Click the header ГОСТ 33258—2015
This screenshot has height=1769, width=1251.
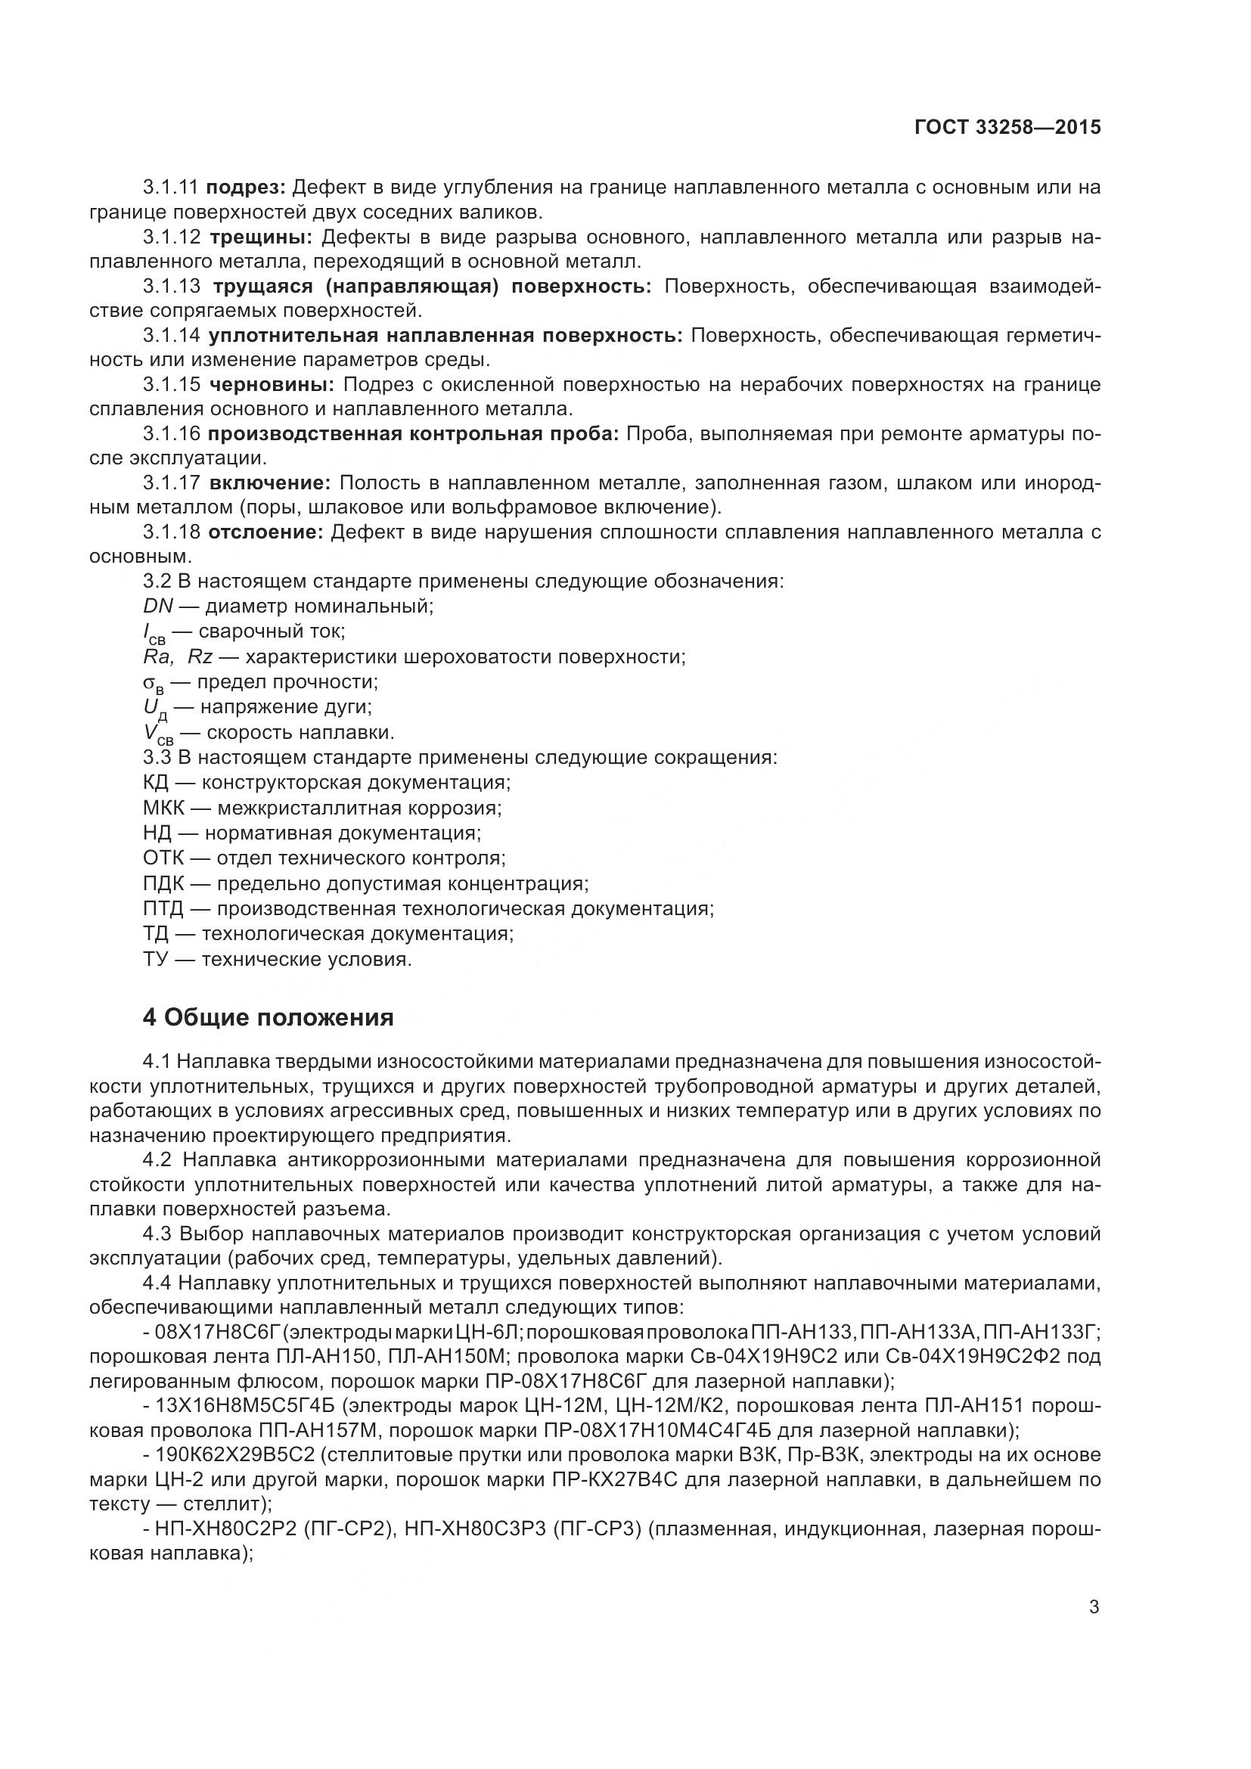[1007, 127]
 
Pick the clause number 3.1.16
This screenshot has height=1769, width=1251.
[172, 434]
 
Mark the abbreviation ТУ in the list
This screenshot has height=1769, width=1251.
[157, 959]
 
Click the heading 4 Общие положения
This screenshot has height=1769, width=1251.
[268, 1017]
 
